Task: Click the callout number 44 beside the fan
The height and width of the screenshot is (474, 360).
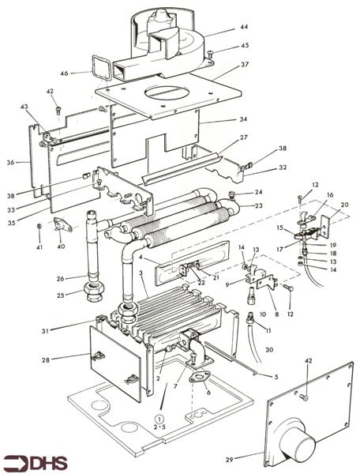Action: [x=244, y=27]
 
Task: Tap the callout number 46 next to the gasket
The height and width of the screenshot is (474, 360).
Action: [x=64, y=73]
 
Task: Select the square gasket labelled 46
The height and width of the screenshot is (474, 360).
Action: [x=100, y=68]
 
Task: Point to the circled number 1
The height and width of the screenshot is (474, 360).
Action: [x=160, y=419]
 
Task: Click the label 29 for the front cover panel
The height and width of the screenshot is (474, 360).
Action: [x=230, y=460]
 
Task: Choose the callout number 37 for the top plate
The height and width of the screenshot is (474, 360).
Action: [x=245, y=65]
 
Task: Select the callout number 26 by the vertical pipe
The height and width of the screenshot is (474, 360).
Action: [x=61, y=278]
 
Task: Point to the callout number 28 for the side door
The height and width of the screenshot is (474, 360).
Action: [x=46, y=360]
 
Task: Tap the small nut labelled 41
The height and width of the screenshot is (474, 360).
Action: [x=39, y=227]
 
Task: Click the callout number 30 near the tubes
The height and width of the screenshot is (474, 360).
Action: [x=269, y=349]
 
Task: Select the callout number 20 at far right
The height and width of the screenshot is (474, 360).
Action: [x=344, y=205]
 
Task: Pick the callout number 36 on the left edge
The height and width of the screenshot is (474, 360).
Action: [x=10, y=162]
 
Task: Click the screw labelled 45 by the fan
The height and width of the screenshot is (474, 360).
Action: [x=211, y=55]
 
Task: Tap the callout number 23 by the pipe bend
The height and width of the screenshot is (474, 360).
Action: [x=259, y=205]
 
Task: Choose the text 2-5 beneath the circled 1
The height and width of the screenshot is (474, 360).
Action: [x=160, y=428]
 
